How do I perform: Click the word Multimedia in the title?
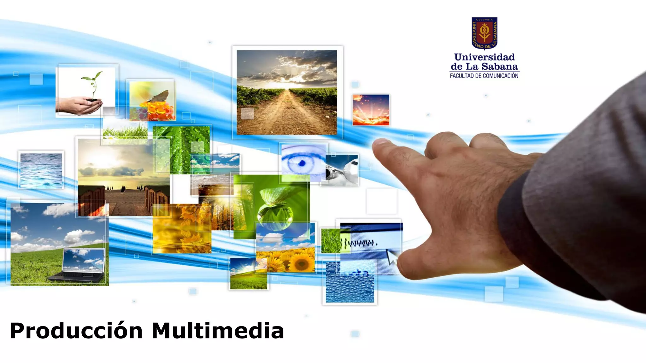(x=218, y=331)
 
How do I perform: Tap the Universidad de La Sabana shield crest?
(x=484, y=33)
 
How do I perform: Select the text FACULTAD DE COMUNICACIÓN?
(x=484, y=76)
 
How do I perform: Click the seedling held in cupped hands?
(x=93, y=85)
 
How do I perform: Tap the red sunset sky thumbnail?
(x=371, y=110)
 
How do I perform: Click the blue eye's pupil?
(x=302, y=163)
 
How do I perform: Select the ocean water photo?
(x=41, y=170)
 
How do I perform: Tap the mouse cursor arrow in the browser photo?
(x=392, y=257)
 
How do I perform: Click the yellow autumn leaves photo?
(x=181, y=230)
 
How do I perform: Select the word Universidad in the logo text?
(x=484, y=57)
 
